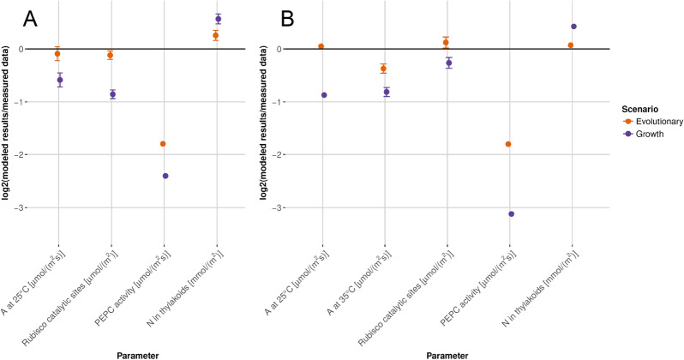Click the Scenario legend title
click(640, 108)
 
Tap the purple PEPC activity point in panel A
click(165, 176)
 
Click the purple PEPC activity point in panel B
click(512, 213)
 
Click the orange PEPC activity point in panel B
click(508, 144)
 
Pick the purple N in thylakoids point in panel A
click(219, 19)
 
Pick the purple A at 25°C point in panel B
click(324, 94)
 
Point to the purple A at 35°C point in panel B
click(387, 92)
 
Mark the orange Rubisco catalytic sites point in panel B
click(446, 42)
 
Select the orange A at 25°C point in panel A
click(57, 54)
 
